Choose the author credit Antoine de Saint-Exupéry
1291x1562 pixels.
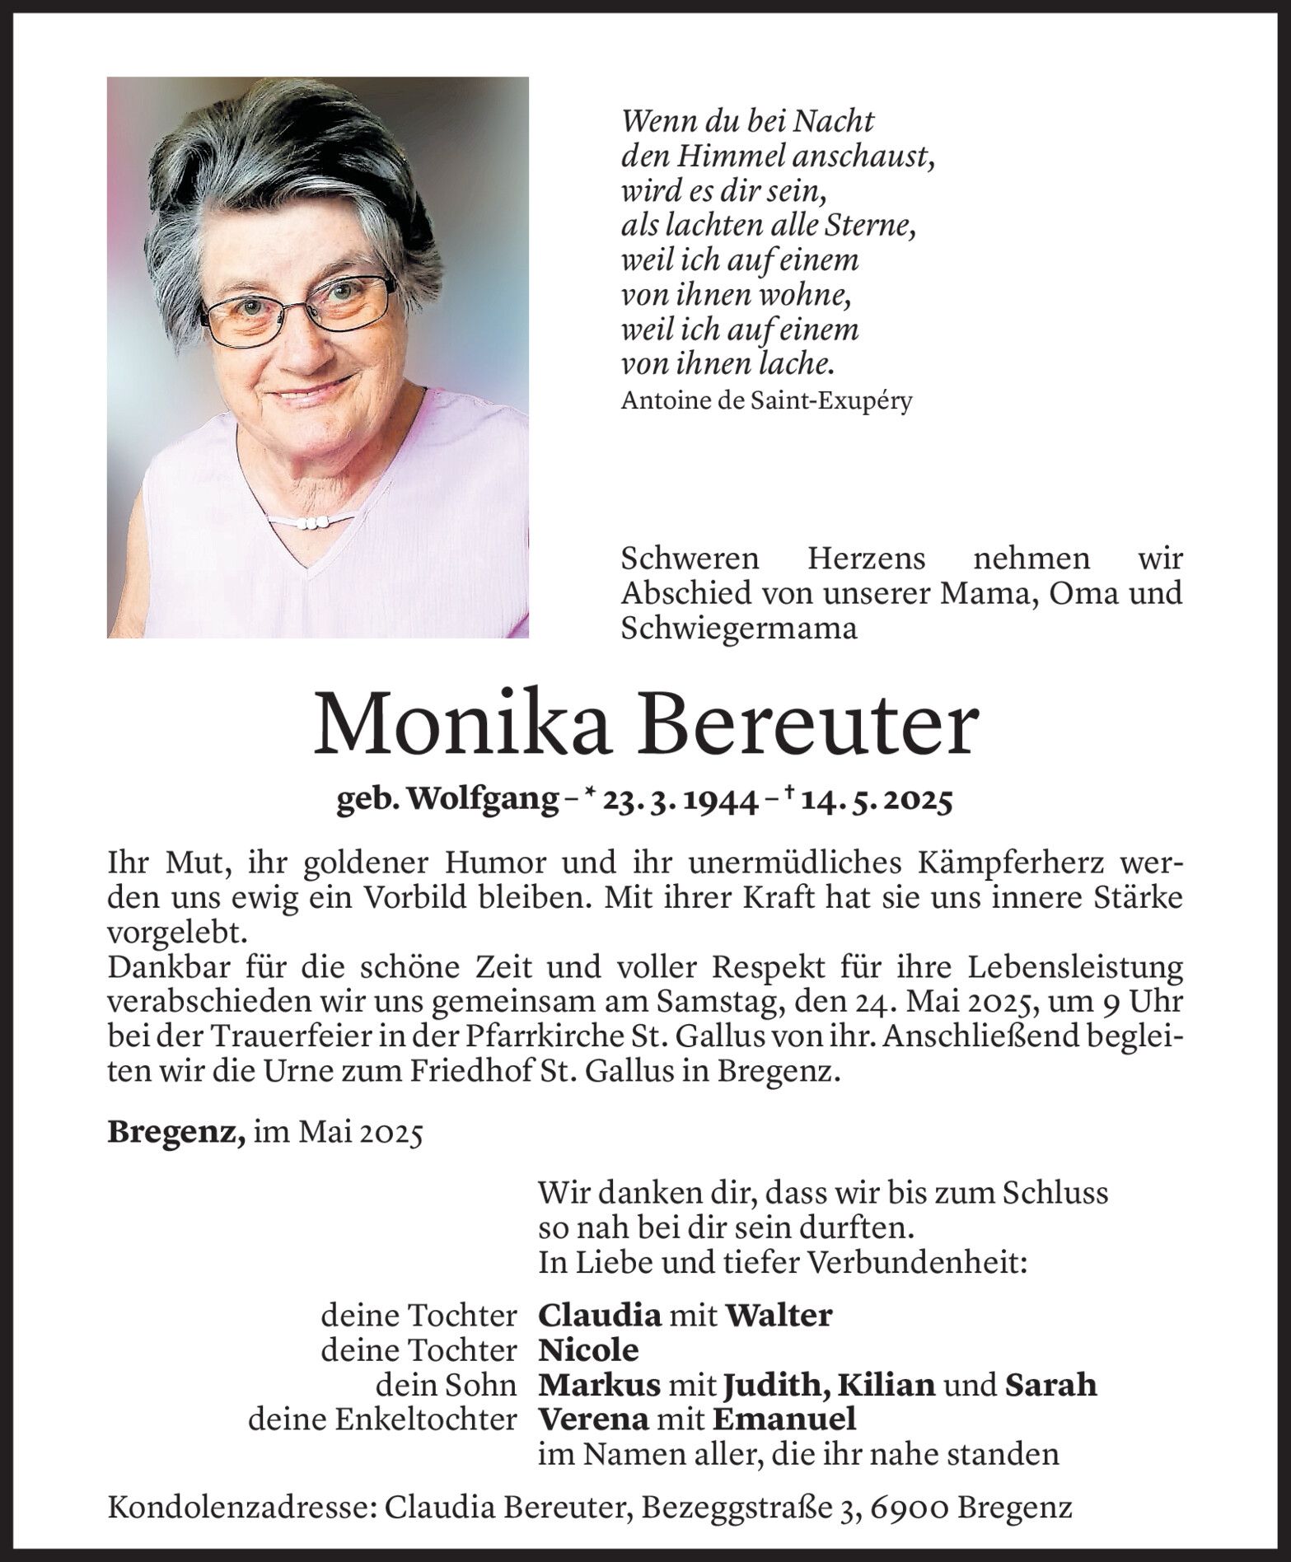[766, 401]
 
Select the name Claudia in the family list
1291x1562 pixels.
[599, 1316]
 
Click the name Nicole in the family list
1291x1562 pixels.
[587, 1350]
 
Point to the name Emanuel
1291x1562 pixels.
[783, 1419]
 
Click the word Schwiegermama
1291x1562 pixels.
[739, 629]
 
